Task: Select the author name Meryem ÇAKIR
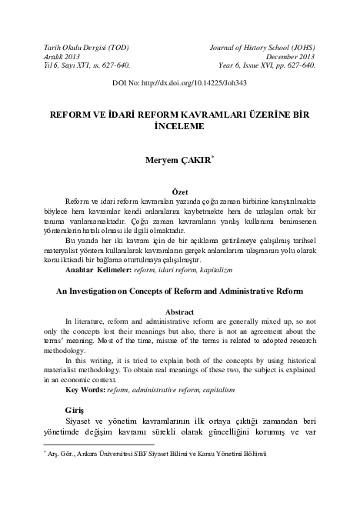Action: tap(176, 161)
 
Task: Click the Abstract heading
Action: tap(179, 312)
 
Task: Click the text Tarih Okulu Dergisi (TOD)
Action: tap(80, 48)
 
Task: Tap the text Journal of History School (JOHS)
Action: tap(262, 48)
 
